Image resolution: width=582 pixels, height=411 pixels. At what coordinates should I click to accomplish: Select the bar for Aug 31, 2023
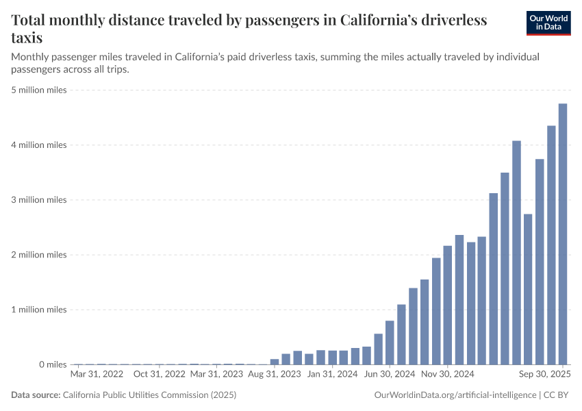275,362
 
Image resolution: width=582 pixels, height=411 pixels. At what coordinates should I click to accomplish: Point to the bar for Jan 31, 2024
332,358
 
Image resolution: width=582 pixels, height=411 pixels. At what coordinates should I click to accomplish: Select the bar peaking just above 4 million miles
516,253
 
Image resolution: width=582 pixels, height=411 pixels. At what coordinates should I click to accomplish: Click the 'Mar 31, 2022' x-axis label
97,375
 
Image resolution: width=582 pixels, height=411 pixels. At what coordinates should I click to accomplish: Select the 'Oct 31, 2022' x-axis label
159,375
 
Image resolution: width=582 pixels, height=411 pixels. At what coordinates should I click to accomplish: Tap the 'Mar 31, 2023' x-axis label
216,375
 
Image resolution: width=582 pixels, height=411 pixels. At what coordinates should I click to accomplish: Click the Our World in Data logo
548,22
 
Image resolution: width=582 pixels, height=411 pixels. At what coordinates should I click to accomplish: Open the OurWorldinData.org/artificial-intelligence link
455,395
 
